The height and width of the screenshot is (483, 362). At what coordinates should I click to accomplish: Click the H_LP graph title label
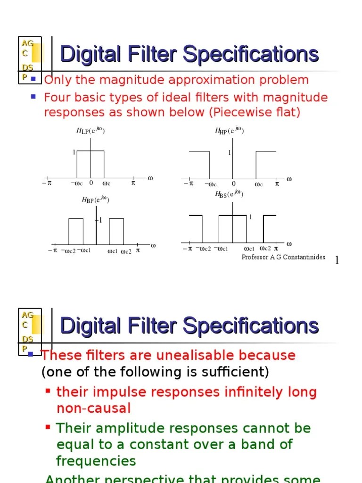pyautogui.click(x=90, y=131)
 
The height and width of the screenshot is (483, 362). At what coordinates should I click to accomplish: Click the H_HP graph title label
pyautogui.click(x=229, y=131)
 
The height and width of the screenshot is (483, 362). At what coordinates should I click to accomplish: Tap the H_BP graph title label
pyautogui.click(x=95, y=200)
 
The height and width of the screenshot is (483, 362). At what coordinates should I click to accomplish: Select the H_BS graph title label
pyautogui.click(x=229, y=194)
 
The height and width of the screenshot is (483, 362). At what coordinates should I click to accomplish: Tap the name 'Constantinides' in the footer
pyautogui.click(x=304, y=257)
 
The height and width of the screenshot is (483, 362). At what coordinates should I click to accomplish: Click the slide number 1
pyautogui.click(x=337, y=260)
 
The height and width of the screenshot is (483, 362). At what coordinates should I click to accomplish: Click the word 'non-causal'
pyautogui.click(x=93, y=408)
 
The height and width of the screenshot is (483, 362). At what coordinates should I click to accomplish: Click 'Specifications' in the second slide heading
pyautogui.click(x=251, y=325)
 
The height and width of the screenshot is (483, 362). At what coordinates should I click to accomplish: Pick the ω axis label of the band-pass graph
pyautogui.click(x=153, y=245)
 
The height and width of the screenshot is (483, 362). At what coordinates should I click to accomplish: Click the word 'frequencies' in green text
pyautogui.click(x=96, y=461)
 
